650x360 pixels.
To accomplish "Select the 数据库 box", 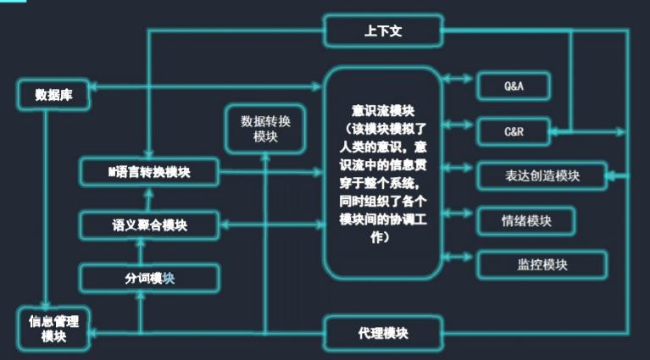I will tap(53, 95).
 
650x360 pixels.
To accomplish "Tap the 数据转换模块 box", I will tap(264, 129).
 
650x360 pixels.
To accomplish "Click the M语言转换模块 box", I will tap(149, 172).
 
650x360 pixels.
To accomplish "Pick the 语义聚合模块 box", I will tap(149, 225).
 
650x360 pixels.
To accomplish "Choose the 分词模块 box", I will tap(149, 278).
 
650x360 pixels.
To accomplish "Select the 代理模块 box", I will tap(383, 333).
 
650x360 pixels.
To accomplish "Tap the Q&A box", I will tap(514, 86).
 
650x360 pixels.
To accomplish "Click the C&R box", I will tap(514, 130).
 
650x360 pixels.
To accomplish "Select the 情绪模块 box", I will tap(525, 221).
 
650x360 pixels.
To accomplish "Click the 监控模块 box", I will tap(542, 265).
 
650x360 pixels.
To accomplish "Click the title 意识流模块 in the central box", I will tap(383, 110).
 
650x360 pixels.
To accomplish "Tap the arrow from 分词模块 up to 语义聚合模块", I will tap(142, 252).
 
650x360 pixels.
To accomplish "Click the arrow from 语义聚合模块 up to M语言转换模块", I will tap(149, 198).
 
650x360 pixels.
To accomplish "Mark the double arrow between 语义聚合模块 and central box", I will tap(271, 225).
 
